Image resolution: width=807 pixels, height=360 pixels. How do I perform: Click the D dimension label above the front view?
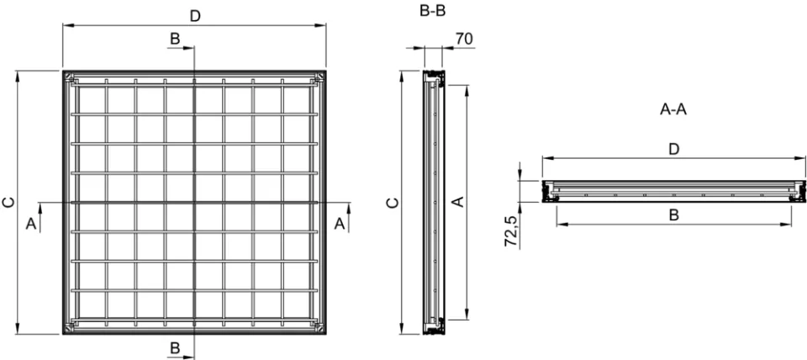[195, 16]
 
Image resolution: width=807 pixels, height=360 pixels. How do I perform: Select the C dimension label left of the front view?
[8, 202]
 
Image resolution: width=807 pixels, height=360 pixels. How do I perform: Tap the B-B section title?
[430, 12]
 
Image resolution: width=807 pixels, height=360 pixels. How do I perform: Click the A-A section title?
[673, 109]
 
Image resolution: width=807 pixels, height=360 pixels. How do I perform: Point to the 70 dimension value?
[462, 39]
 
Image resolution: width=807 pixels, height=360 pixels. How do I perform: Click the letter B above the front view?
[175, 39]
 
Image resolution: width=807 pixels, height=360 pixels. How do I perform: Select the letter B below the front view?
[175, 347]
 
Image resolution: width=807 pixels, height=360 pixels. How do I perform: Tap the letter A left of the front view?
[31, 224]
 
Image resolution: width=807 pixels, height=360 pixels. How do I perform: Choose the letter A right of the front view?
[340, 223]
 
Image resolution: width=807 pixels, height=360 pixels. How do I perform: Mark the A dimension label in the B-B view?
[458, 203]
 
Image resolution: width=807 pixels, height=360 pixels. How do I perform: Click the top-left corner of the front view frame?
[63, 71]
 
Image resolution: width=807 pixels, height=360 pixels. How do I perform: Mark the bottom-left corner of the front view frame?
[63, 334]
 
